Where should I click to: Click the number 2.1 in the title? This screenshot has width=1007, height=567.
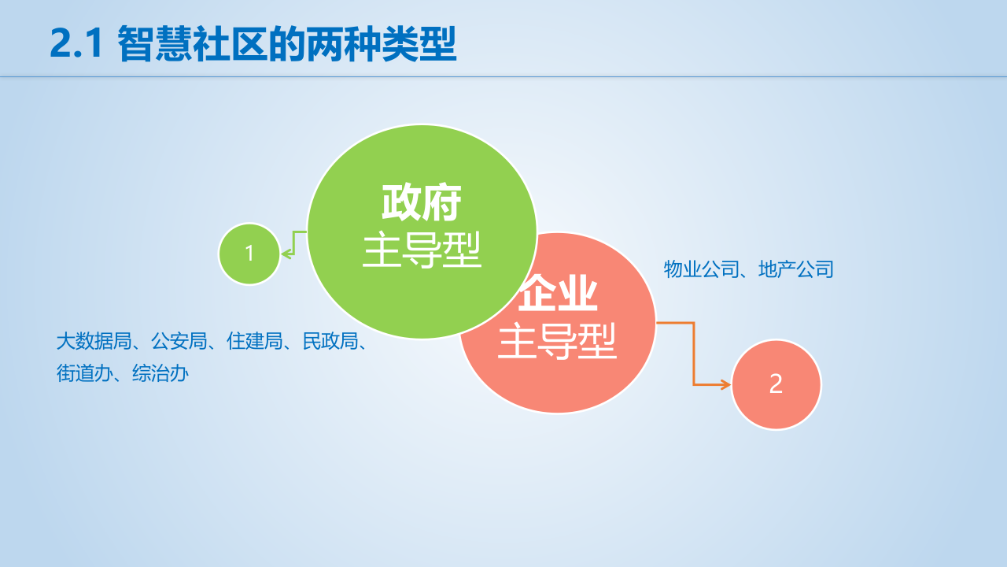click(77, 44)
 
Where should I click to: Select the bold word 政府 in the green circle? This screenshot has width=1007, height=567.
click(421, 203)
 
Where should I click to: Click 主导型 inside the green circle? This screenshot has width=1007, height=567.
click(421, 250)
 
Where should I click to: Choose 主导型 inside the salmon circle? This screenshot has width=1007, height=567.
click(557, 343)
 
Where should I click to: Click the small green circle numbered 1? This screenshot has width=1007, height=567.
click(249, 254)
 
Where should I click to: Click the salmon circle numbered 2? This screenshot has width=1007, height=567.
click(776, 384)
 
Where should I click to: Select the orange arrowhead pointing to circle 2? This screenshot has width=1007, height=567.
click(725, 384)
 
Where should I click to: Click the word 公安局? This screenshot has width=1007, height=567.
click(179, 342)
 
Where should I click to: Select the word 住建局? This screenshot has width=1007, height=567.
click(255, 342)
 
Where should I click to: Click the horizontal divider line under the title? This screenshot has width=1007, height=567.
click(503, 77)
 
